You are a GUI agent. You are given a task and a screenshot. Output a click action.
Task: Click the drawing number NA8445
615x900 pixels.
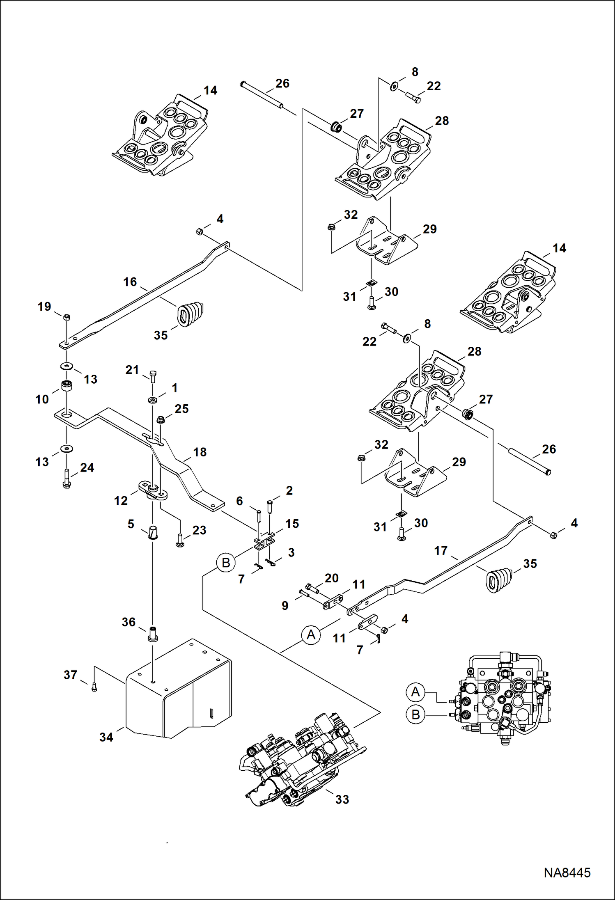pyautogui.click(x=567, y=872)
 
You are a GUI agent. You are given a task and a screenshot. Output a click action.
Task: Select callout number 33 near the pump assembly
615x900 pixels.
pyautogui.click(x=342, y=799)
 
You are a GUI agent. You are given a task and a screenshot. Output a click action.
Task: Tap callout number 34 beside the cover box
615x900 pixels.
pyautogui.click(x=106, y=737)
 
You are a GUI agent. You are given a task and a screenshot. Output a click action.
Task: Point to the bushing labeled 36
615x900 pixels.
pyautogui.click(x=153, y=634)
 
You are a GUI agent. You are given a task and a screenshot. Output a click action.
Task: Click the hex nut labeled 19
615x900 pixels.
pyautogui.click(x=67, y=317)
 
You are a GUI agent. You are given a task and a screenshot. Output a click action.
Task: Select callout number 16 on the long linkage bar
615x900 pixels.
pyautogui.click(x=130, y=282)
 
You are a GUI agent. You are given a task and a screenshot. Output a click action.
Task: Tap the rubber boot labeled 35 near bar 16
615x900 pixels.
pyautogui.click(x=190, y=314)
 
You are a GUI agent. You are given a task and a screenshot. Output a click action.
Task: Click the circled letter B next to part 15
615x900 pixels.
pyautogui.click(x=226, y=562)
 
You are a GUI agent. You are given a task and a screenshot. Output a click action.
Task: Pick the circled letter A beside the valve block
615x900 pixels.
pyautogui.click(x=415, y=692)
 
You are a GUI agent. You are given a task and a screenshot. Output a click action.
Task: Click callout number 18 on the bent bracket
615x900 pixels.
pyautogui.click(x=200, y=452)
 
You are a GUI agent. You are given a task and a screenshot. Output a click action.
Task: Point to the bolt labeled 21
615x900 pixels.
pyautogui.click(x=153, y=376)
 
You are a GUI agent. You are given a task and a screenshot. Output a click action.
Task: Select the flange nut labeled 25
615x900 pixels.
pyautogui.click(x=161, y=419)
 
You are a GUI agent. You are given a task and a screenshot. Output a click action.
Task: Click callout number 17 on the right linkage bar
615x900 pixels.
pyautogui.click(x=441, y=550)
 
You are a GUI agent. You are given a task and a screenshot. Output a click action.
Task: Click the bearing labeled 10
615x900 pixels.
pyautogui.click(x=67, y=386)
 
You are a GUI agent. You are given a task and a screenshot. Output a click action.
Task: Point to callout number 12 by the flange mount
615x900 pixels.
pyautogui.click(x=121, y=500)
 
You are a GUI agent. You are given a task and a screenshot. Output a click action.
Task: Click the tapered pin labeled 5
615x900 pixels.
pyautogui.click(x=153, y=532)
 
